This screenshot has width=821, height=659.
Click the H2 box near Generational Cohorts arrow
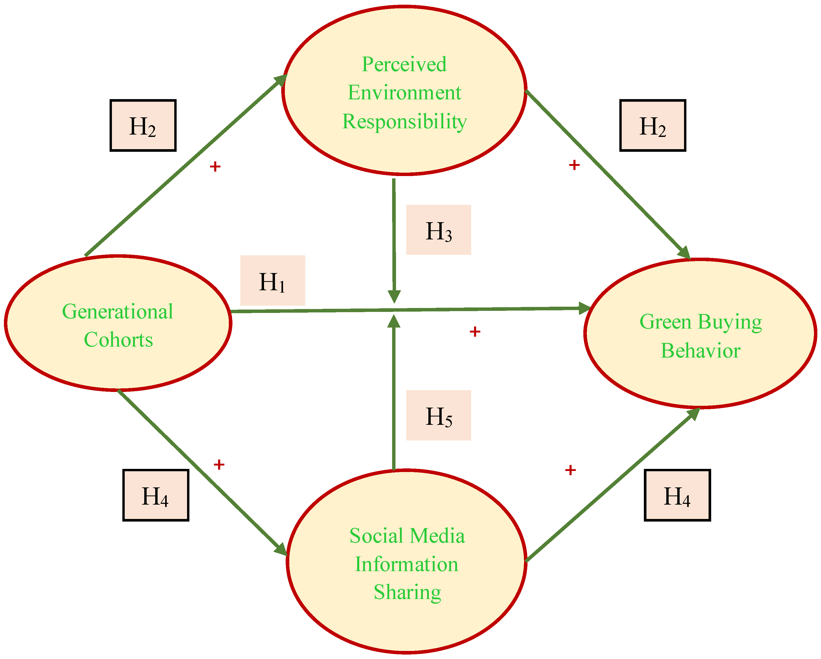click(143, 126)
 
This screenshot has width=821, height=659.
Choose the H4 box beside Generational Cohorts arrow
click(155, 495)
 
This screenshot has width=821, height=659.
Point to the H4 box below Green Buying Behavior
click(677, 495)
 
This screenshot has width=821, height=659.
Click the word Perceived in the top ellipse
click(404, 64)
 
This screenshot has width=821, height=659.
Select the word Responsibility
click(404, 122)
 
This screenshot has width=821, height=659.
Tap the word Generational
click(117, 311)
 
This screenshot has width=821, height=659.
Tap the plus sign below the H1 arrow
click(475, 332)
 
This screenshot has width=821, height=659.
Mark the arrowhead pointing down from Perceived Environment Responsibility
click(394, 297)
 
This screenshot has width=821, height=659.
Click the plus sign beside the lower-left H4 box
click(219, 464)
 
